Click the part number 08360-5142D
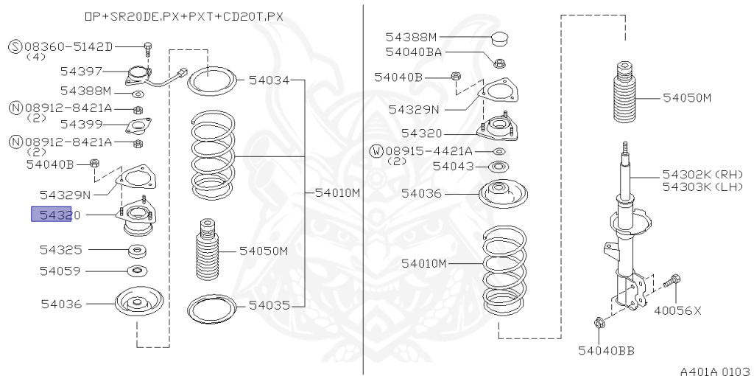tap(71, 47)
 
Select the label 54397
tap(81, 72)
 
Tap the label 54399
tap(81, 125)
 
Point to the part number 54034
tap(269, 80)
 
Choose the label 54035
tap(269, 304)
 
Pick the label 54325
tap(61, 250)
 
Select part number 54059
tap(61, 271)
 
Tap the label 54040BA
tap(414, 52)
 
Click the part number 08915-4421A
tap(429, 151)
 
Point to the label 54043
tap(453, 167)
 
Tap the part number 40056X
tap(677, 310)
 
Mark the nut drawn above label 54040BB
tap(597, 322)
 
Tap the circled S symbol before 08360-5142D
tap(15, 47)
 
